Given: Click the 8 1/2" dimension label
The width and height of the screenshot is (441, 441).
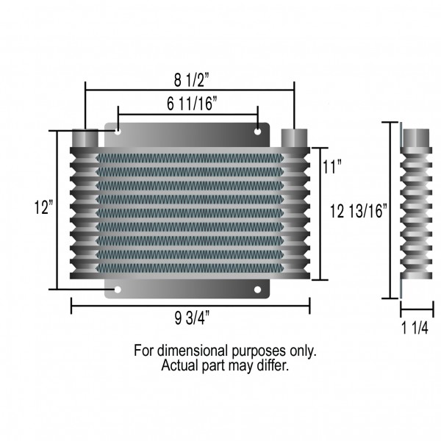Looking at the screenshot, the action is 192,80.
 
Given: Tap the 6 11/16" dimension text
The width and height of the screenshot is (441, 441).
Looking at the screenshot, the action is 192,103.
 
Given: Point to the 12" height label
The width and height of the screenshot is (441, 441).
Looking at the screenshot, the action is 43,207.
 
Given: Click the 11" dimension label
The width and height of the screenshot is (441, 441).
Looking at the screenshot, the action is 331,167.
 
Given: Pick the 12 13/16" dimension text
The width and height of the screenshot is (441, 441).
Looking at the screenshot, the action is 359,211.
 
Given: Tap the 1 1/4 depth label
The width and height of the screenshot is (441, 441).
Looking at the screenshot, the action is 415,328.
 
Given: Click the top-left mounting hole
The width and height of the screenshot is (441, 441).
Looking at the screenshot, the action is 118,131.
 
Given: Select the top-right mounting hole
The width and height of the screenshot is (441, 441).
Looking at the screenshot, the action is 257,132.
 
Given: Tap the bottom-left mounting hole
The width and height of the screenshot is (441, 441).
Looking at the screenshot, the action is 118,290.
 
